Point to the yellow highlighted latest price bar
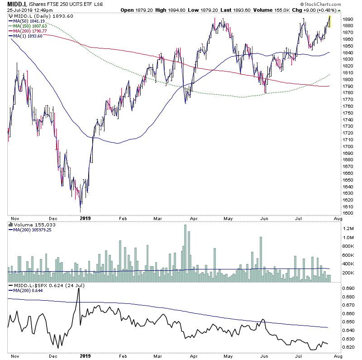[x=330, y=21]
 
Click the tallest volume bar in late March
[x=185, y=253]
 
